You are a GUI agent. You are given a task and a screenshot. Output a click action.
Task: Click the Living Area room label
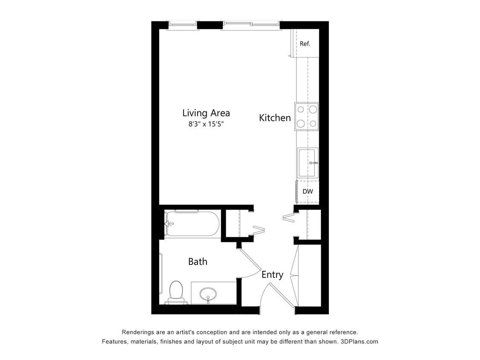tap(206, 113)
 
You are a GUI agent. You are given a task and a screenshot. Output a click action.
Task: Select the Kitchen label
tap(275, 118)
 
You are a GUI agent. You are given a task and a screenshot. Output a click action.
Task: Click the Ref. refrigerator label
tap(305, 44)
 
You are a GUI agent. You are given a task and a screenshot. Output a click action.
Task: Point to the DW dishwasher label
tap(308, 192)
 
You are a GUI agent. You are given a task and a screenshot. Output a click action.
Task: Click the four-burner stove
tap(307, 116)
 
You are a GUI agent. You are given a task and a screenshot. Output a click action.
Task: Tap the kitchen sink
tap(307, 163)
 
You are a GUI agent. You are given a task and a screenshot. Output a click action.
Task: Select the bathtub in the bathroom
tap(192, 224)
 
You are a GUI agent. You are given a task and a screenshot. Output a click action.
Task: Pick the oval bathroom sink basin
tap(208, 293)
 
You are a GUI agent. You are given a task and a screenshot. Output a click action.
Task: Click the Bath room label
tap(198, 261)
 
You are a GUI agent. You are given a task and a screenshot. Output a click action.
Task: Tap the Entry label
tap(272, 275)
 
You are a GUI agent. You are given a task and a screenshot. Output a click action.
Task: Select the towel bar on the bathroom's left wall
tap(161, 273)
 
